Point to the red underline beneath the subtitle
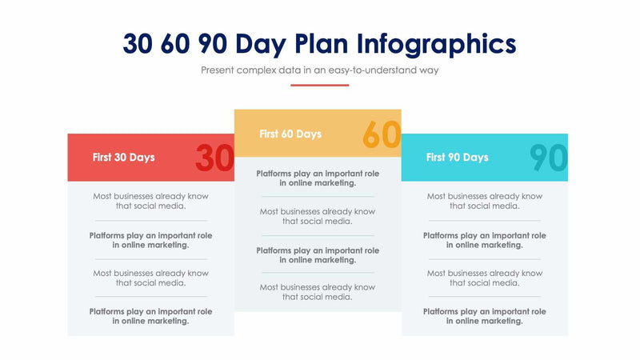point(320,85)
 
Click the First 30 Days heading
point(124,158)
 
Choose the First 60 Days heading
point(290,134)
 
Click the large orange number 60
point(381,134)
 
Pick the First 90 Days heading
point(457,158)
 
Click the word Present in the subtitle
point(222,70)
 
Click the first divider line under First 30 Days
point(150,220)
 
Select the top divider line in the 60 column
point(318,197)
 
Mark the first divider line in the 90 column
point(484,220)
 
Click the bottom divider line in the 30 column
point(150,297)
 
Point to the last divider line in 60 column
point(318,274)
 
